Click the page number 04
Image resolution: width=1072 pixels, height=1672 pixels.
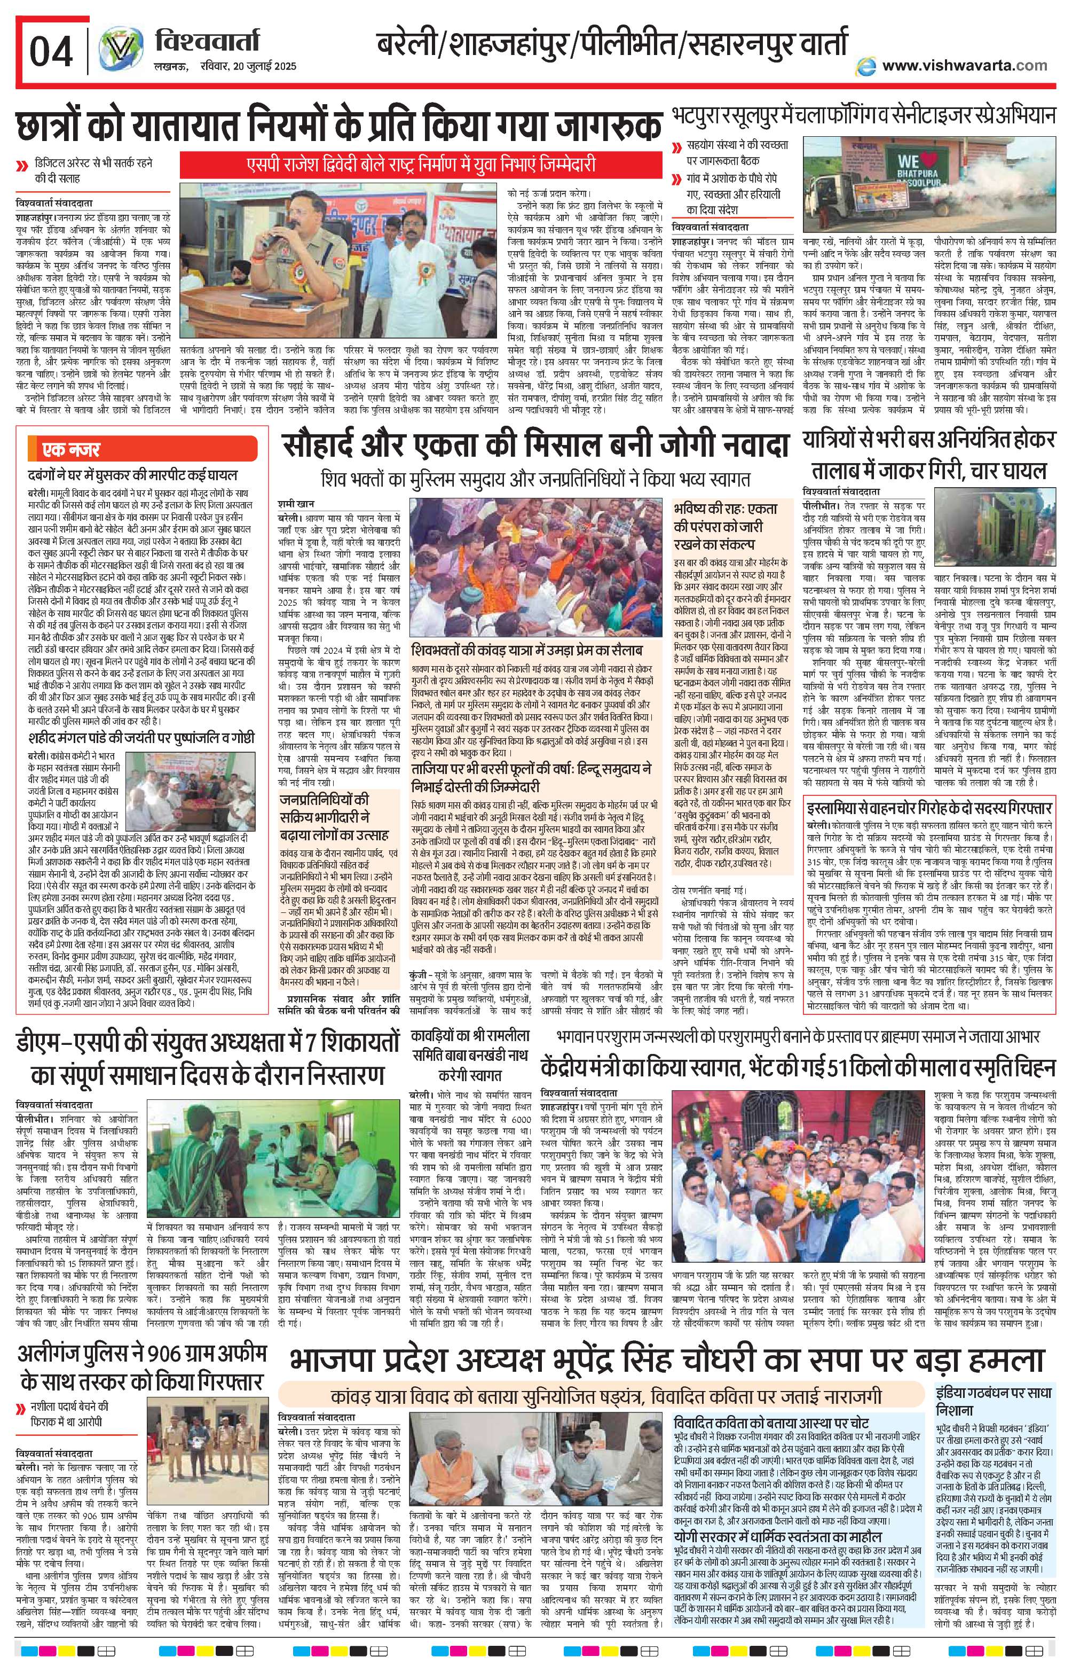point(51,51)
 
